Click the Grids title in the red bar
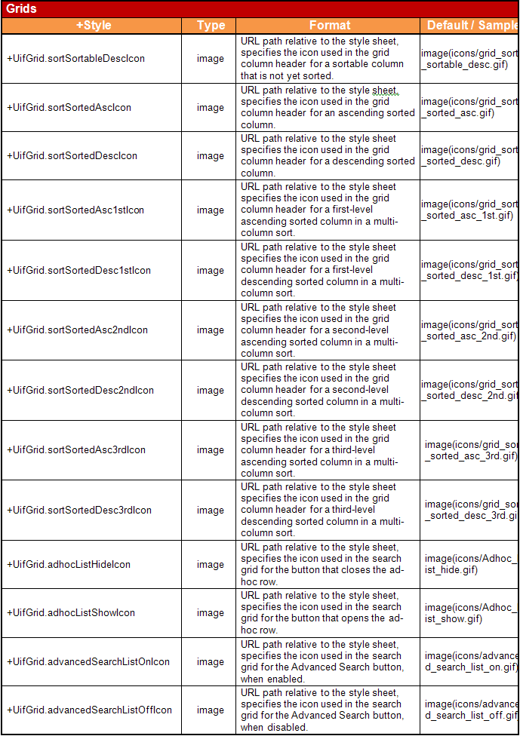tap(21, 9)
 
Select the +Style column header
tap(93, 26)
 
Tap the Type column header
tap(211, 26)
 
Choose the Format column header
tap(330, 26)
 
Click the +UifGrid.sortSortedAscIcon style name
tap(69, 108)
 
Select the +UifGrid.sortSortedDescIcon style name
tap(72, 156)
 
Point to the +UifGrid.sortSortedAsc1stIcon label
tap(75, 210)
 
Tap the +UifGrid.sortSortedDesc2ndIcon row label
tap(80, 391)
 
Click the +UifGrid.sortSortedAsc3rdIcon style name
tap(76, 450)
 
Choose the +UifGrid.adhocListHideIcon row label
tap(69, 565)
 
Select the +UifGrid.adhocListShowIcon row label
tap(71, 613)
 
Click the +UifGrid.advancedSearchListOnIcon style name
tap(88, 662)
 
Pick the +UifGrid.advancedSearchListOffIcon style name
tap(89, 710)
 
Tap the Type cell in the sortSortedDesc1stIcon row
tap(211, 271)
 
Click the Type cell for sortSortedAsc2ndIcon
tap(211, 330)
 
